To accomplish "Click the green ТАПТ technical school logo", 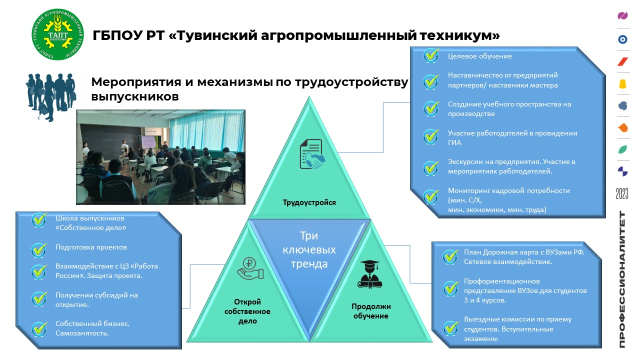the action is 57,34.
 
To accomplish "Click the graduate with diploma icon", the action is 369,274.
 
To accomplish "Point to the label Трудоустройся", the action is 309,202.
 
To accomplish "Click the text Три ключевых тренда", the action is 309,249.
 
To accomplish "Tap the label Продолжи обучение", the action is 371,311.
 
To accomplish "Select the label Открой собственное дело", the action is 247,311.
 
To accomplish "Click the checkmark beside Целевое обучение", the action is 431,55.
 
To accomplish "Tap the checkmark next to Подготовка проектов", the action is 39,249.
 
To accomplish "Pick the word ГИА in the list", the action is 454,142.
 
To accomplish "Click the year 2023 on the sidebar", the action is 622,193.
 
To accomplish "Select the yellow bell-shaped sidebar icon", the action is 622,84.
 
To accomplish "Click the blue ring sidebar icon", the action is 622,39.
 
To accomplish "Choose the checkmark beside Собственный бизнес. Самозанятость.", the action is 39,328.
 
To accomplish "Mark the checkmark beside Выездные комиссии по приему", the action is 450,328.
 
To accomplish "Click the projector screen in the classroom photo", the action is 149,141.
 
